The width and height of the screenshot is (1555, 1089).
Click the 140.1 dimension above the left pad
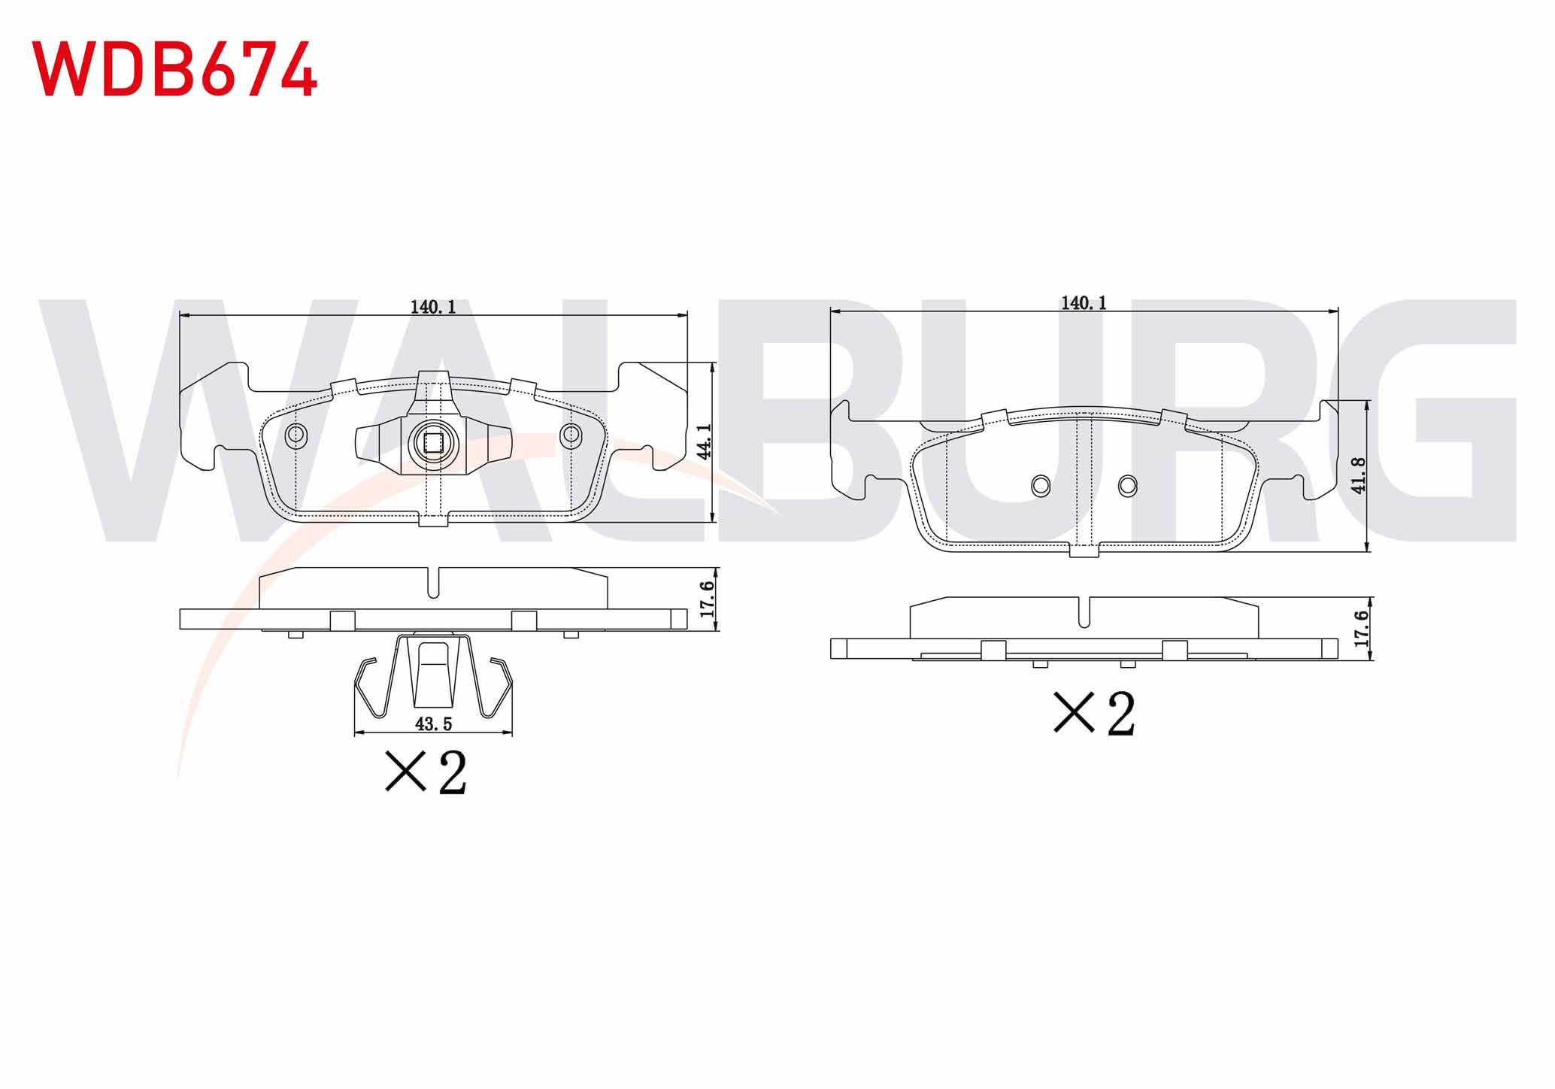(433, 307)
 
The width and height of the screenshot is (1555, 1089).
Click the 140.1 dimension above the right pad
(1084, 302)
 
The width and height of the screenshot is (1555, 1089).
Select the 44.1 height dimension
(704, 441)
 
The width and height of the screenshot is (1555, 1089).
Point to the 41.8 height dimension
(1358, 475)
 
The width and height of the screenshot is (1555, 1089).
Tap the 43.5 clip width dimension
(433, 723)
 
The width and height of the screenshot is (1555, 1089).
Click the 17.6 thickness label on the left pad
(707, 599)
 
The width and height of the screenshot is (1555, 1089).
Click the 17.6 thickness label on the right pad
(1361, 629)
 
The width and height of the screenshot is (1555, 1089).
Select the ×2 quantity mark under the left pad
(426, 772)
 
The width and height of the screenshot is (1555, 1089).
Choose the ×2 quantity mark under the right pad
(1094, 713)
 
